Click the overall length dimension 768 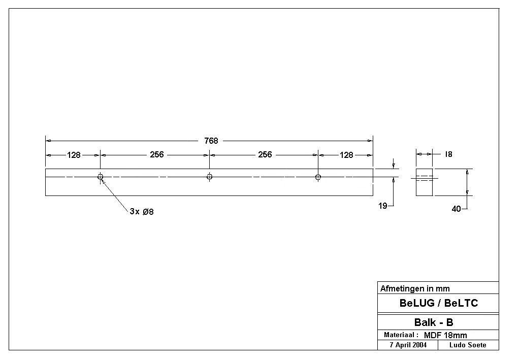211,141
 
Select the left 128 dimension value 74,155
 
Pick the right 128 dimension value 346,155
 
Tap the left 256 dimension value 157,154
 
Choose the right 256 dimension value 265,154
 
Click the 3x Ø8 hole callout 142,212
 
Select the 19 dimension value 383,206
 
